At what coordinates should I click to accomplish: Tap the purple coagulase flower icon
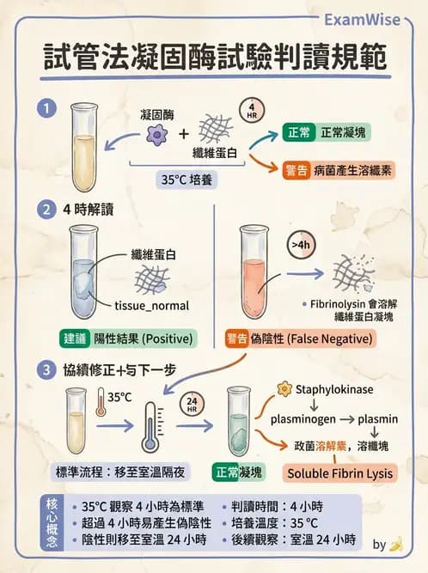coord(156,134)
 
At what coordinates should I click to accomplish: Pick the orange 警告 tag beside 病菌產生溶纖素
coord(296,170)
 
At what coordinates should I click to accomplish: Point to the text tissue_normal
coord(151,305)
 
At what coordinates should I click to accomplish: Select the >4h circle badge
coord(301,246)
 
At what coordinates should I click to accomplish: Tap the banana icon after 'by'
coord(395,544)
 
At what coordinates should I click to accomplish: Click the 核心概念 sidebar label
coord(51,522)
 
